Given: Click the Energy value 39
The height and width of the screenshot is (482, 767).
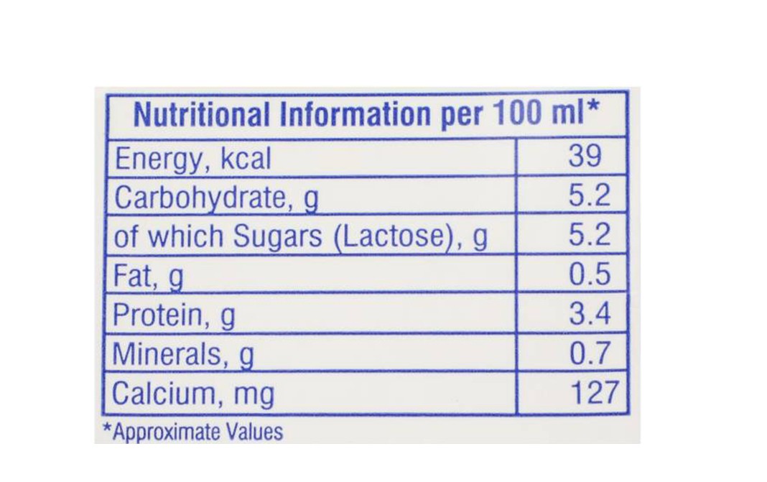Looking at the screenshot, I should click(585, 156).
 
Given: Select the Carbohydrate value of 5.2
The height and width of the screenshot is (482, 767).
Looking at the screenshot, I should click(590, 196).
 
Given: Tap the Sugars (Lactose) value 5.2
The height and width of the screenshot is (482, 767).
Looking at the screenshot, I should click(590, 236).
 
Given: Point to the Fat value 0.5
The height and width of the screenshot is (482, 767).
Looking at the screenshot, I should click(590, 275).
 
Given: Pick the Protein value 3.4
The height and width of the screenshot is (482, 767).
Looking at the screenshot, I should click(590, 314).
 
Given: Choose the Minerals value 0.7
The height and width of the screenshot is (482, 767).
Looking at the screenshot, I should click(590, 353).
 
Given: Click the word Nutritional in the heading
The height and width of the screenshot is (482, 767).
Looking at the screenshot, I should click(202, 115).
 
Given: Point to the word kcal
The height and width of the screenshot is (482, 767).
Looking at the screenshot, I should click(246, 158).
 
